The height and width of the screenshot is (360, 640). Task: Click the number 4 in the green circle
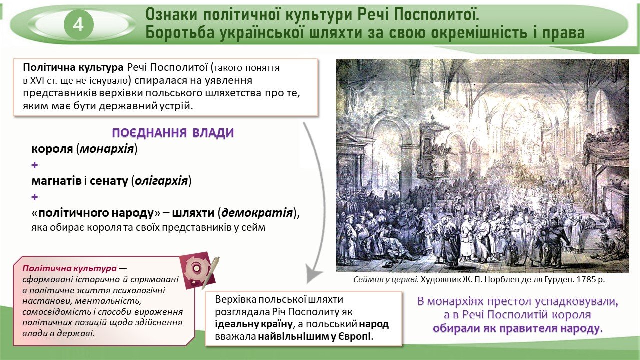point(78,25)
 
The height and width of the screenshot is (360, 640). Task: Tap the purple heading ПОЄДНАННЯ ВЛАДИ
point(173,133)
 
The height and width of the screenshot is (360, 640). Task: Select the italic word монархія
point(107,149)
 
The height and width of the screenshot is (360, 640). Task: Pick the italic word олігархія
point(161,181)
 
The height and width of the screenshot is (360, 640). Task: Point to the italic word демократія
point(257,213)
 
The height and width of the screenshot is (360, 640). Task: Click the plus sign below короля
point(35,165)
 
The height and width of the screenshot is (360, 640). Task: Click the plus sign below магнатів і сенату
point(35,197)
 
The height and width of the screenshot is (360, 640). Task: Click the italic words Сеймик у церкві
point(386,279)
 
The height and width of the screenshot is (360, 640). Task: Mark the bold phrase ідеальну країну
point(254,324)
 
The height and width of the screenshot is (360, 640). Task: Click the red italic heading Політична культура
point(70,268)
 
